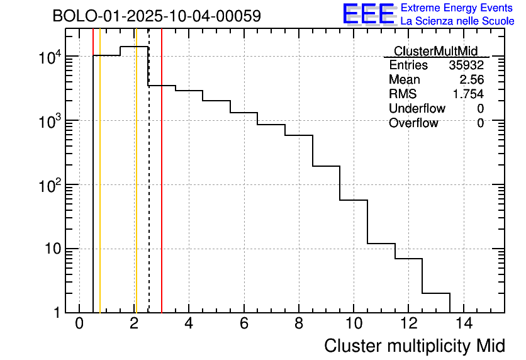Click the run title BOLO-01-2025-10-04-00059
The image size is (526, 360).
coord(156,16)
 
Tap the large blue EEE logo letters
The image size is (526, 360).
coord(369,14)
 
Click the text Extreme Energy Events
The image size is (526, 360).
coord(457,8)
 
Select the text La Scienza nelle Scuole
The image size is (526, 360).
coord(457,21)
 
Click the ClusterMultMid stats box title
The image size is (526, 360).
coord(435,51)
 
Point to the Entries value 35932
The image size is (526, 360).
coord(466,65)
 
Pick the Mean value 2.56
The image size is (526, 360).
coord(471,80)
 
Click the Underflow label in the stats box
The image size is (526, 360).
coord(417,109)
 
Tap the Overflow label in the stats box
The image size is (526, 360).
coord(413,123)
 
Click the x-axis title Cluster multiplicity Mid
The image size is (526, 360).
coord(414,346)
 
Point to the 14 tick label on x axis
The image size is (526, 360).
coord(462,323)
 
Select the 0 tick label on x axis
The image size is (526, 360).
coord(79,323)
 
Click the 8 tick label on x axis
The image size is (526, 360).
coord(298,323)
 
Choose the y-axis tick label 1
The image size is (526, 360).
coord(57,313)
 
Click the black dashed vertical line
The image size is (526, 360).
coord(148,189)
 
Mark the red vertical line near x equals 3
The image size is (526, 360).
coord(162,189)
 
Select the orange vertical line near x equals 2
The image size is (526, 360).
coord(135,189)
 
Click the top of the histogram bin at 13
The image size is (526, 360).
coord(435,293)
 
